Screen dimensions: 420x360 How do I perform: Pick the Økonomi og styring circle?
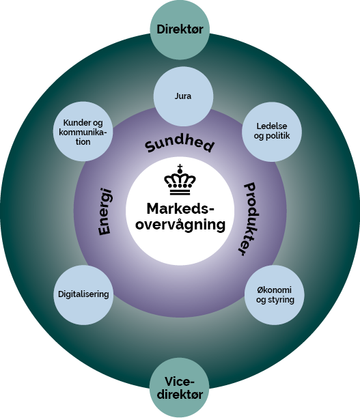271,296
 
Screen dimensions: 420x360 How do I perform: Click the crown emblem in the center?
180,181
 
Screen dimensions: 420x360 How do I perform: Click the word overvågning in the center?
180,224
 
